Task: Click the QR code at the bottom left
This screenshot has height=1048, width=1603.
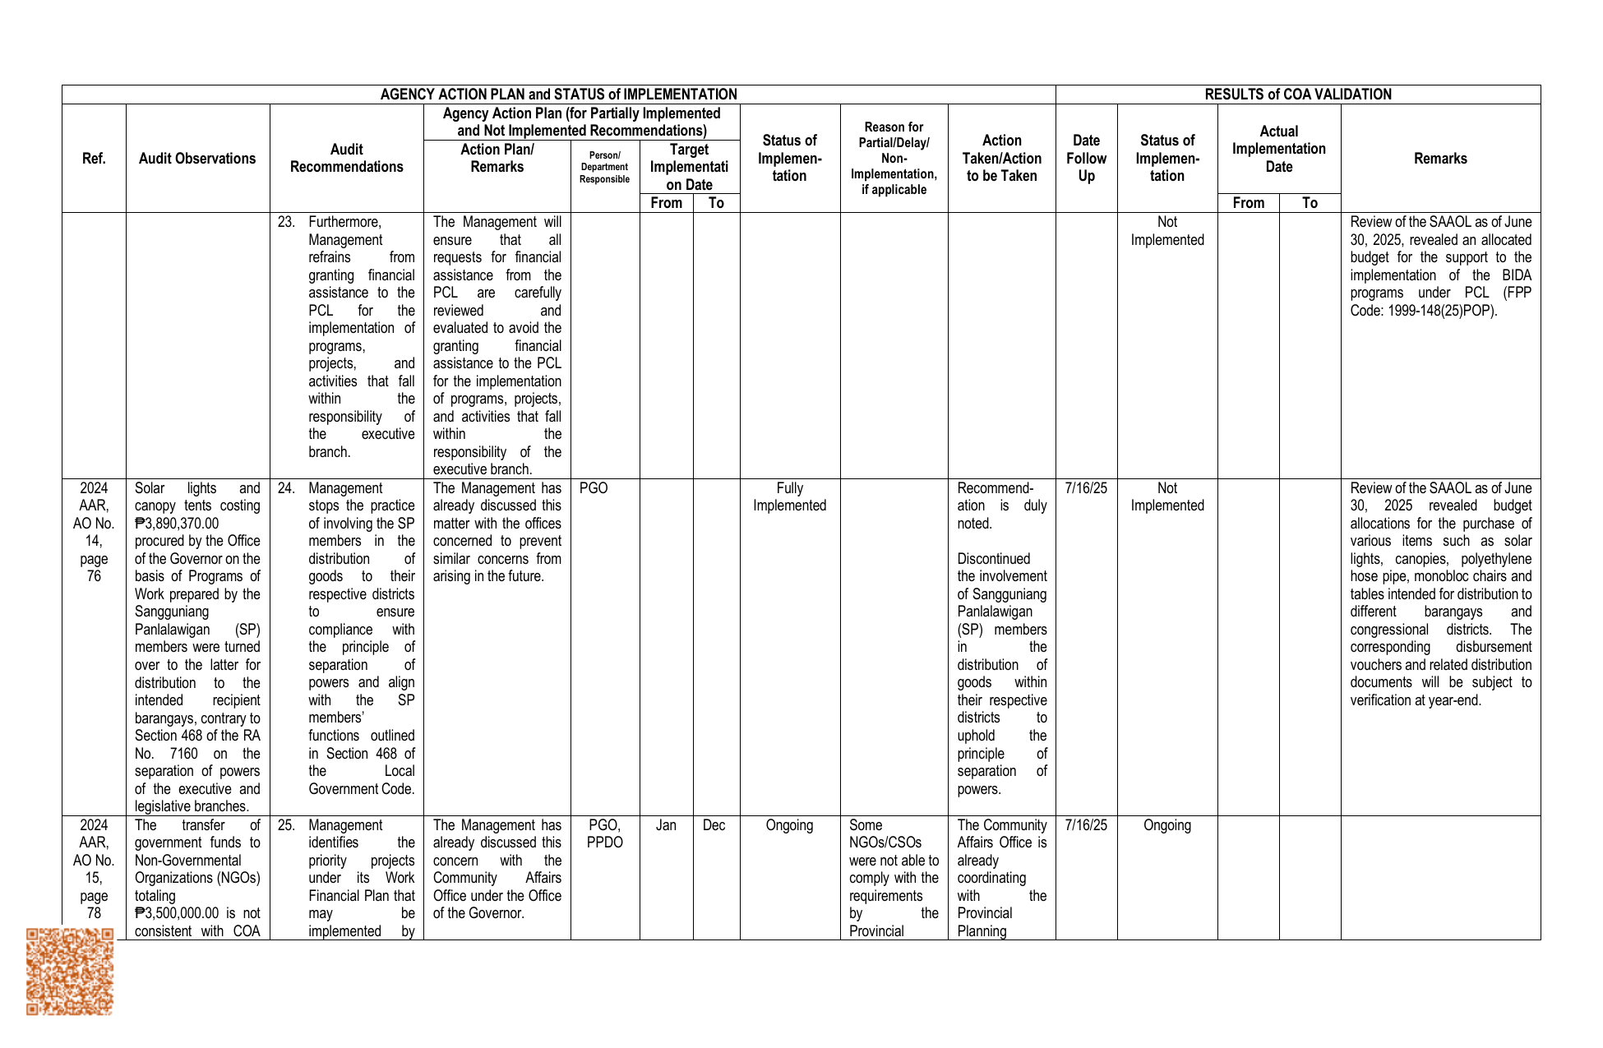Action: [70, 972]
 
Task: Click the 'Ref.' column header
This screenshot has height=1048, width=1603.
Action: [94, 159]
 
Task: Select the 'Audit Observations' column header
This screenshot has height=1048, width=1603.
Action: [197, 159]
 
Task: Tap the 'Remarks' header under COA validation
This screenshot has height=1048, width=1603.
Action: [1440, 159]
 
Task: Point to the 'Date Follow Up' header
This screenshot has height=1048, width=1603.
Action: [1086, 159]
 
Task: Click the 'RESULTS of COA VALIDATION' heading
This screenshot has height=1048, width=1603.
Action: [1298, 95]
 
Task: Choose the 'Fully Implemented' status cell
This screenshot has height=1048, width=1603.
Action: [789, 497]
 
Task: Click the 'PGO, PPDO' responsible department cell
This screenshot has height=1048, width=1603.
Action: [604, 833]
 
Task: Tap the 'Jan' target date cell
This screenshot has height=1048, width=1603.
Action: [666, 825]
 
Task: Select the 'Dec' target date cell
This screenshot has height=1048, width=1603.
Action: [714, 825]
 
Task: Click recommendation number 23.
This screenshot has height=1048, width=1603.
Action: [286, 222]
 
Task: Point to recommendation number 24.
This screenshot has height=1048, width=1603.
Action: [286, 488]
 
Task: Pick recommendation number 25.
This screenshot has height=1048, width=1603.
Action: [286, 825]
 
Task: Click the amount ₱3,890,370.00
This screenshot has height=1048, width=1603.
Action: [178, 524]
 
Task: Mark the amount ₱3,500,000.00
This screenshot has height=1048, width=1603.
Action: [178, 913]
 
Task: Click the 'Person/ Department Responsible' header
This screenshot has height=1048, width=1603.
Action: [604, 167]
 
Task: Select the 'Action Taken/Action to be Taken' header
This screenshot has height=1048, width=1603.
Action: [1001, 159]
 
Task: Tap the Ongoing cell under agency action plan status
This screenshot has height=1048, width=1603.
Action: [789, 825]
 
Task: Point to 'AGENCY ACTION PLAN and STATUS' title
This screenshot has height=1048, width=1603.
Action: [558, 95]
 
